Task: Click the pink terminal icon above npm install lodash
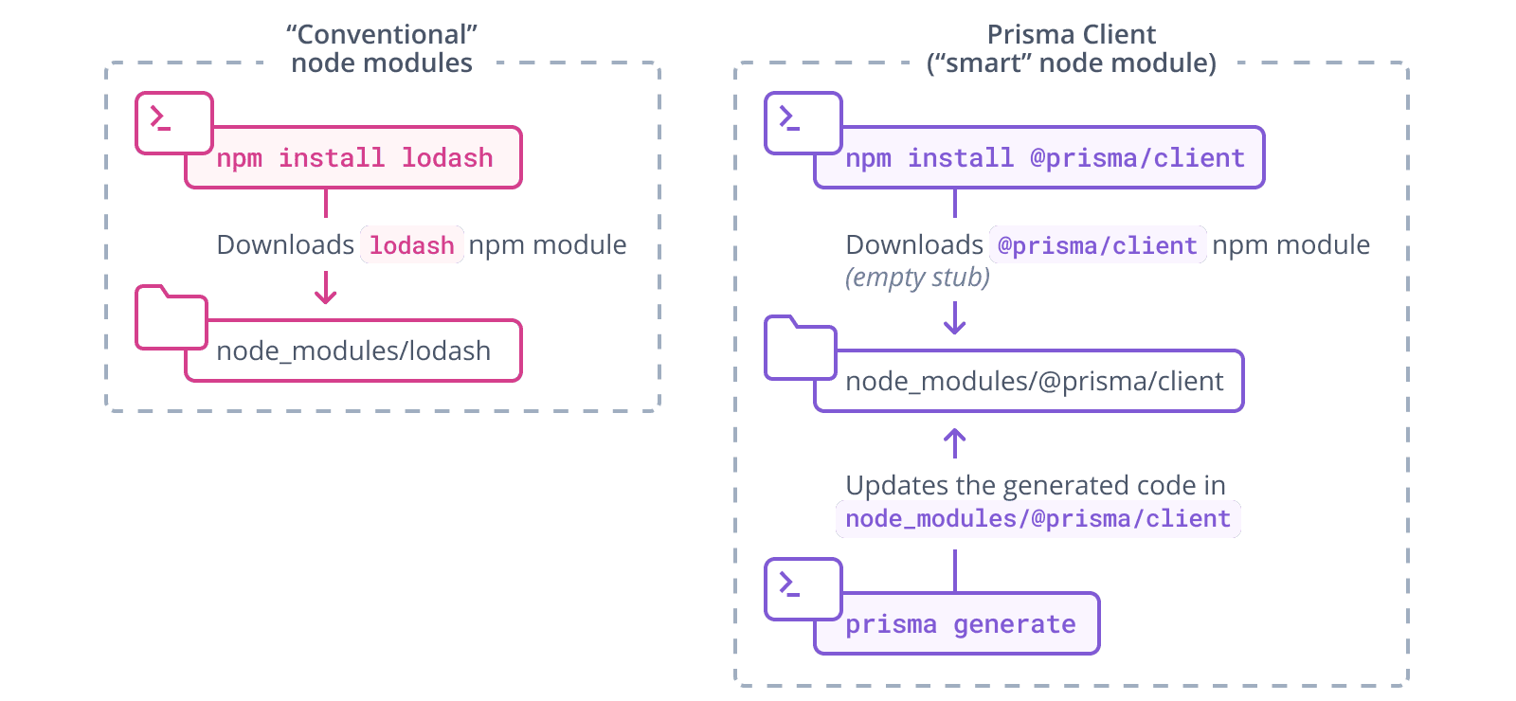173,122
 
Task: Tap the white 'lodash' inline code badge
411,245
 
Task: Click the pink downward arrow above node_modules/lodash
325,287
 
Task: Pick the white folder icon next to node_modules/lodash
171,318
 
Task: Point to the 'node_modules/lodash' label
353,351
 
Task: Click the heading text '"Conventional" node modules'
382,48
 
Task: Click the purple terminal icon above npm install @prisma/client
803,122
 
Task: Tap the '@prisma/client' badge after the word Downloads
1097,245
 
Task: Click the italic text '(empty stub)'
917,278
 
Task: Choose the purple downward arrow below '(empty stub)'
954,318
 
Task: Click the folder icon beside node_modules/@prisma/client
801,349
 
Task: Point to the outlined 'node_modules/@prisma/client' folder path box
1034,382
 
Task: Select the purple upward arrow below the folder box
954,443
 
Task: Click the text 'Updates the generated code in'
1035,485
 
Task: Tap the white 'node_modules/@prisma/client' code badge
1038,519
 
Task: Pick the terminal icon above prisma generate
803,588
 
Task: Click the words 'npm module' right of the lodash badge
548,245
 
